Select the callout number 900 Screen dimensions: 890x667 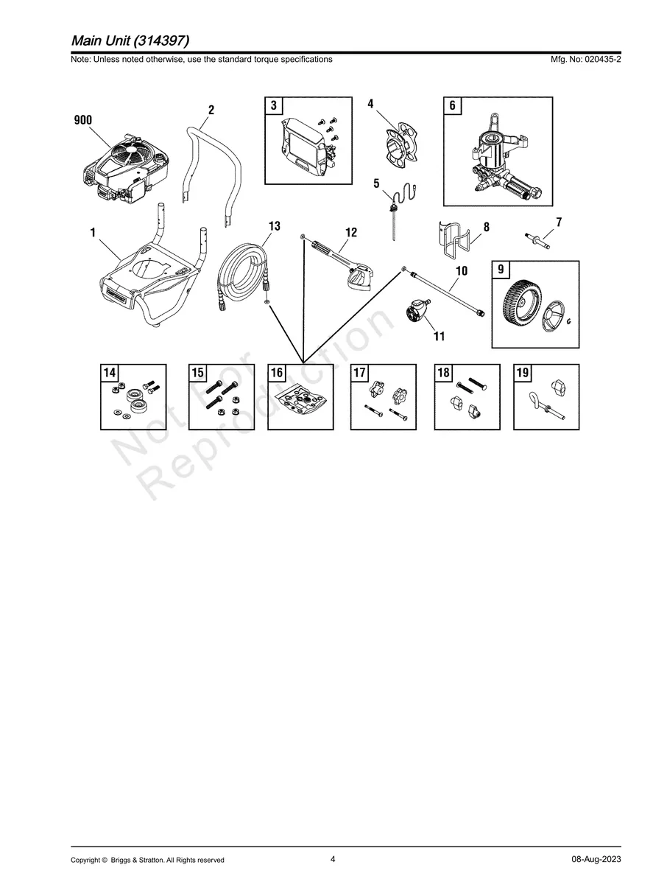pos(83,121)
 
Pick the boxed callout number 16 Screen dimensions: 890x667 pos(277,373)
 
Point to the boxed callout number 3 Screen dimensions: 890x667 pos(274,105)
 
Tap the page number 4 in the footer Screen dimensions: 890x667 pos(333,859)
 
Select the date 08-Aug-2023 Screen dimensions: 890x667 pos(596,860)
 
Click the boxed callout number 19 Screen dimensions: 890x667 pos(522,373)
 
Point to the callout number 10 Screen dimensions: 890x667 pos(462,271)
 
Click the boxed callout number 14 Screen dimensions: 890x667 pos(110,373)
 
